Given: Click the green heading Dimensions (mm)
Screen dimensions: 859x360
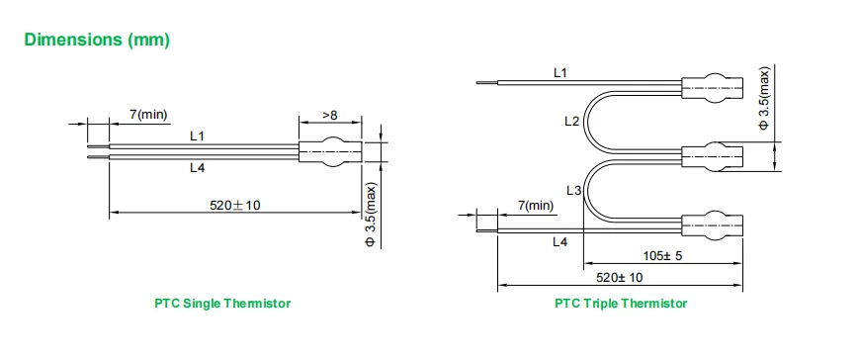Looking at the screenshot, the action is (97, 40).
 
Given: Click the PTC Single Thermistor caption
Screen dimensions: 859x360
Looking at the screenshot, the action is (222, 303).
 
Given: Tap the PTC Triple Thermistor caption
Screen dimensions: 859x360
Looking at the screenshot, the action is (621, 303).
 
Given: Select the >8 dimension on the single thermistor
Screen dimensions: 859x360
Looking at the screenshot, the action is (330, 115).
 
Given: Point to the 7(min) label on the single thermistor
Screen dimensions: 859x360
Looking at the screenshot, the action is (148, 115).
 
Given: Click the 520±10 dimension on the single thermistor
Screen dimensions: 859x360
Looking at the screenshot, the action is (235, 206).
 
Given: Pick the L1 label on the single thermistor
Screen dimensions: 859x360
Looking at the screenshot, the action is (198, 135).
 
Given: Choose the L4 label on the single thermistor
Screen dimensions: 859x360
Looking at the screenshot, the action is (198, 168).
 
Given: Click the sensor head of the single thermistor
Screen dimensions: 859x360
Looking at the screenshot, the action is (330, 151).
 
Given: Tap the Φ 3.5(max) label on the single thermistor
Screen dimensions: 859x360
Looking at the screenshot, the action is (371, 215).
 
